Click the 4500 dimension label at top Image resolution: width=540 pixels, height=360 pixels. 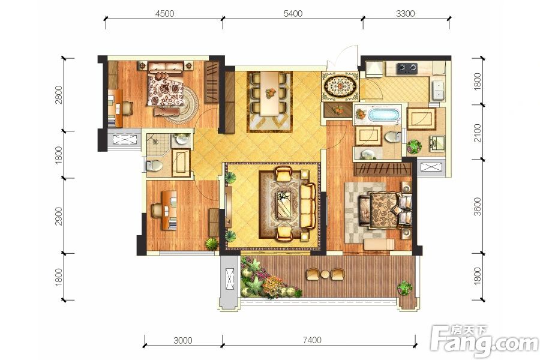coord(164,13)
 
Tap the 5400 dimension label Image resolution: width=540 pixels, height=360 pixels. coord(293,13)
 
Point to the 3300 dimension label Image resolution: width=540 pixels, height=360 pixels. coord(406,13)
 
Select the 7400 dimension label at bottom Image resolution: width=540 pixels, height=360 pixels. coord(312,340)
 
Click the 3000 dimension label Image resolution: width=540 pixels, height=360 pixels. coord(183,340)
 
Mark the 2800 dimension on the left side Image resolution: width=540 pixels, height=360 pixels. coord(59,94)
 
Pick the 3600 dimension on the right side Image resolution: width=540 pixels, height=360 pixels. coord(477,206)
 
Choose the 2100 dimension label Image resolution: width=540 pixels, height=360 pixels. coord(477,133)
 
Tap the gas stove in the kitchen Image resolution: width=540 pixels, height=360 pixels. coord(407,68)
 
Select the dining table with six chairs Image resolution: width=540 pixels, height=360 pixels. coord(269,93)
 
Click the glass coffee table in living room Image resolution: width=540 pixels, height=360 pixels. coord(284,204)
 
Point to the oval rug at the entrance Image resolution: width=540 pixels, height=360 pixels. coord(340,85)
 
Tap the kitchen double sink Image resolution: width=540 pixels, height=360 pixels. coord(437,89)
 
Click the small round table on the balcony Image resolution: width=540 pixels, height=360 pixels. coord(325,274)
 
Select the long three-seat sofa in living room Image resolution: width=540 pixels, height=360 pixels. coord(308,206)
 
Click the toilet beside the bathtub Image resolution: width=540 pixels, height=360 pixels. coord(392,137)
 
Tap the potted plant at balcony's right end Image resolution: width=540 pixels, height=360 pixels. coord(404,287)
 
